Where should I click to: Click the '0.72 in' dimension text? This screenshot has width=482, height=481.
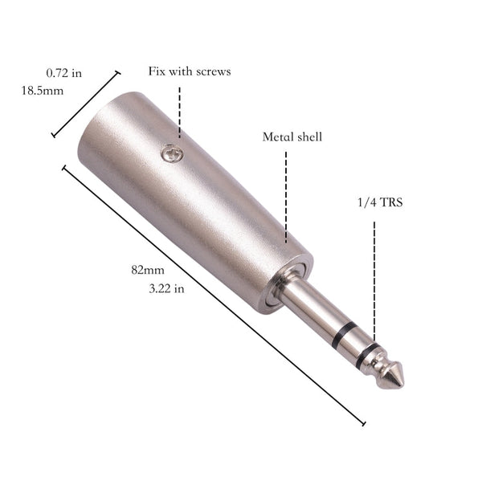coord(64,73)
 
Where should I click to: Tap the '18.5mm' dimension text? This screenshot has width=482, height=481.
coord(42,91)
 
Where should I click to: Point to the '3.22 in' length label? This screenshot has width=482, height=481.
coord(167,288)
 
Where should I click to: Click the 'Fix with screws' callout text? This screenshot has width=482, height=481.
coord(190,71)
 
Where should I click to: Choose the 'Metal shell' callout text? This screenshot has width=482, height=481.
coord(292,137)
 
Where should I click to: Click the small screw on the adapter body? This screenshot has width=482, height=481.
coord(168,150)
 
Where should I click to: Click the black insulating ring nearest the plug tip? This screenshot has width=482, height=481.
coord(370,354)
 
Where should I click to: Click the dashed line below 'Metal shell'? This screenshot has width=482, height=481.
coord(286,193)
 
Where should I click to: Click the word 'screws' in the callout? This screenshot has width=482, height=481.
coord(212,71)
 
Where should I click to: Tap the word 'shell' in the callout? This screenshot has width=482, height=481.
coord(308,137)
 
